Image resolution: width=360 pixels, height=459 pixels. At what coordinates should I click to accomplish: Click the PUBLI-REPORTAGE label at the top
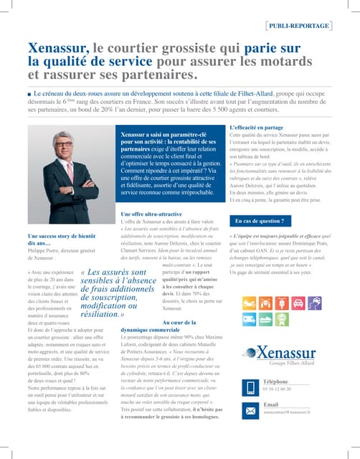(310, 27)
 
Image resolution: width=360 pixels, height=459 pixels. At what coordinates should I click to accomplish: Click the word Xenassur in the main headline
(58, 49)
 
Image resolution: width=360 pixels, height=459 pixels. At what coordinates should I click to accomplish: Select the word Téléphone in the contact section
(275, 382)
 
